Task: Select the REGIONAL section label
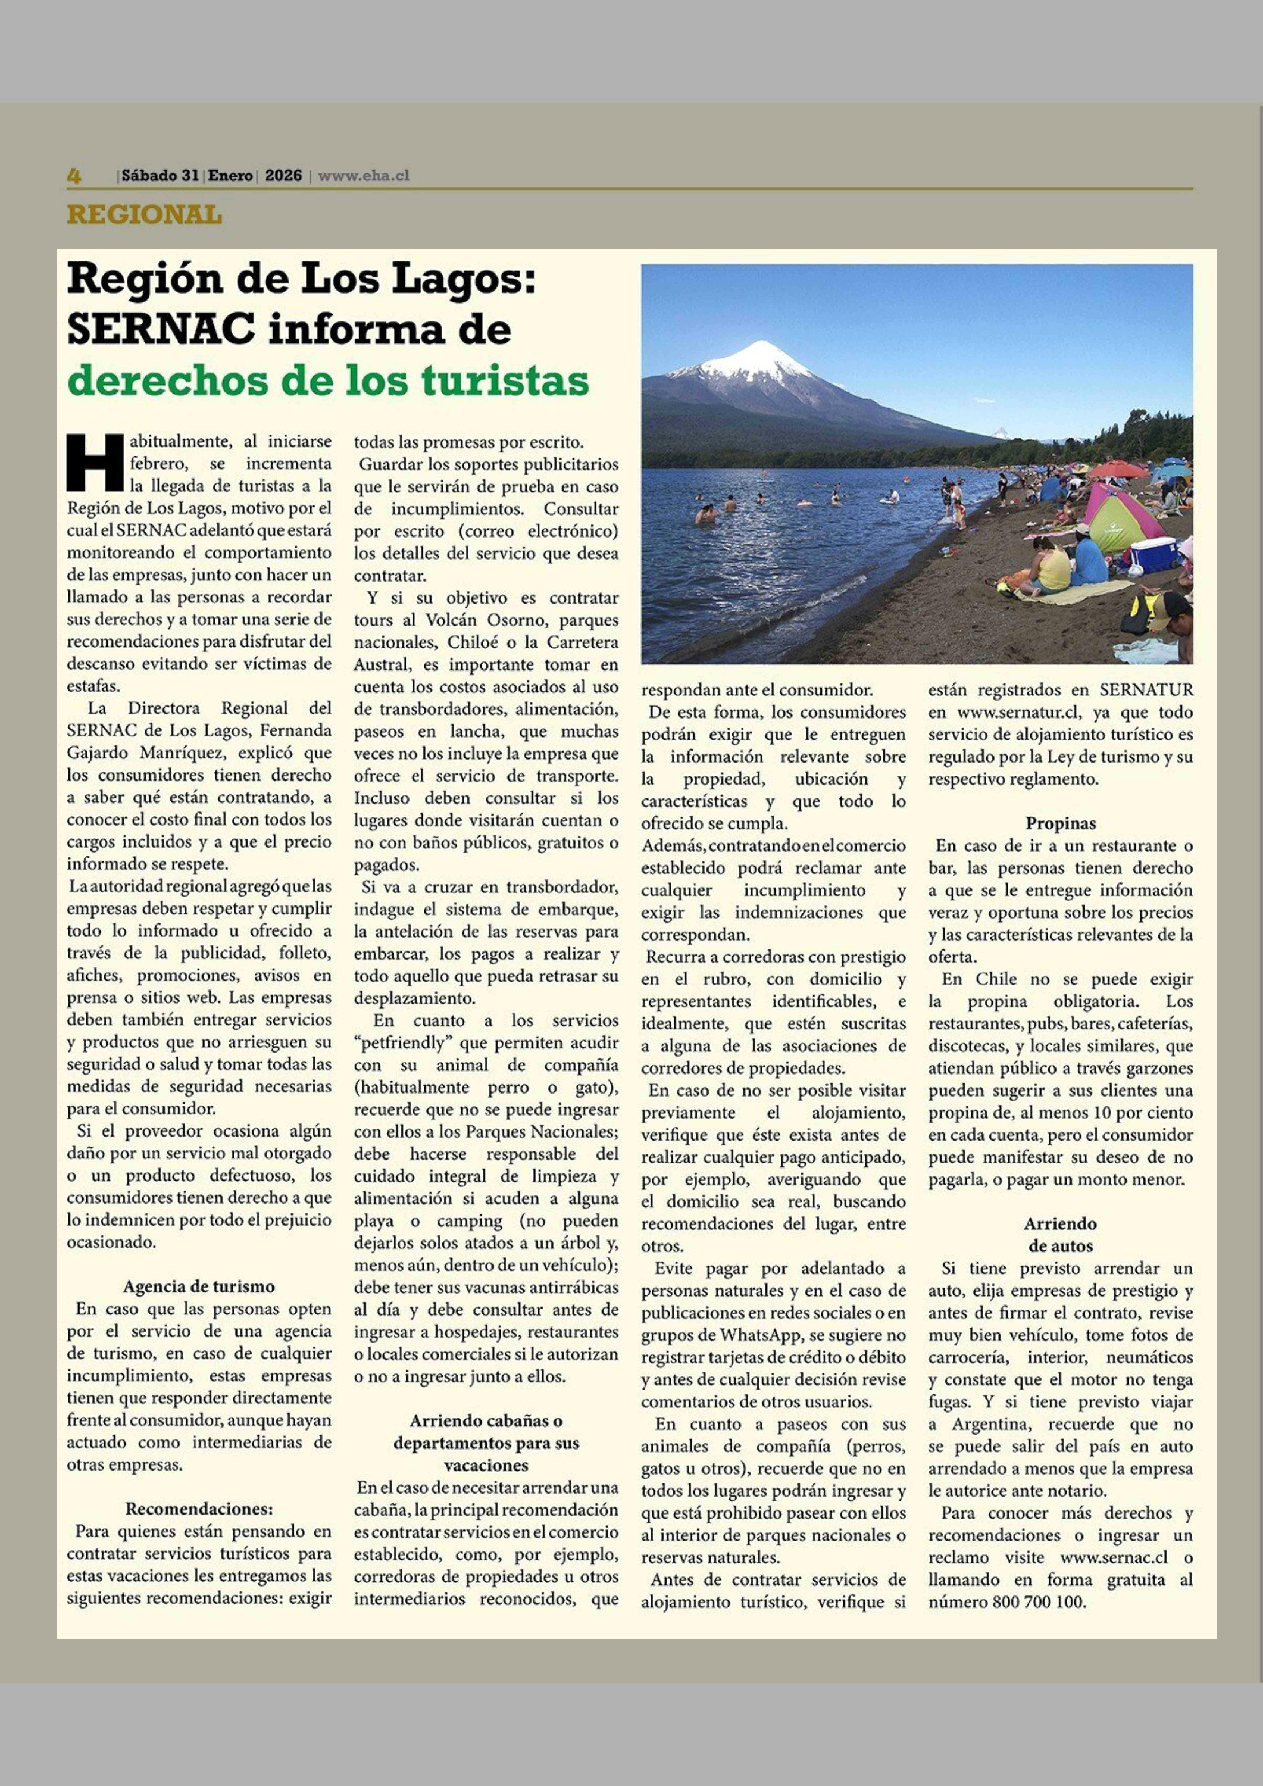click(145, 215)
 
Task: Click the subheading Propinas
click(1060, 823)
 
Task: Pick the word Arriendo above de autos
click(1060, 1224)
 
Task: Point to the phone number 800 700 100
click(1038, 1602)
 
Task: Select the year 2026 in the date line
click(283, 176)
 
